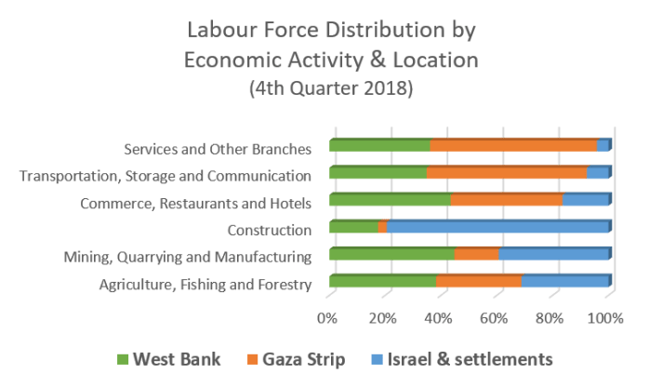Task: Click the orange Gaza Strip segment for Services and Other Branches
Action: (x=513, y=146)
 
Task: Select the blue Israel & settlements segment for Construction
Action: (x=497, y=227)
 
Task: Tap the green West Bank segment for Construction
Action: (x=353, y=227)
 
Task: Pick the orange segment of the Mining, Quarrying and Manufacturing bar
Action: (x=477, y=254)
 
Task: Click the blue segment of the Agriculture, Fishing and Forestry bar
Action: (x=565, y=281)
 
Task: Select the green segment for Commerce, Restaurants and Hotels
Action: (x=390, y=200)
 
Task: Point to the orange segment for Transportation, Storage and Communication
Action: (x=507, y=173)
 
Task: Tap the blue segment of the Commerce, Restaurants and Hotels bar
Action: (x=586, y=200)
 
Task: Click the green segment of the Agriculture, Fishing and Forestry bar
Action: (x=382, y=281)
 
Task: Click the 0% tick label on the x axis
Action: (x=327, y=318)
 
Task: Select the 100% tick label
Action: (x=608, y=318)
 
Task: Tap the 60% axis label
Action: (x=496, y=318)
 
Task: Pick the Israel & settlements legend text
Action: (x=470, y=358)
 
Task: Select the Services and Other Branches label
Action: (x=223, y=148)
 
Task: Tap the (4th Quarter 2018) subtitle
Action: (x=331, y=89)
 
